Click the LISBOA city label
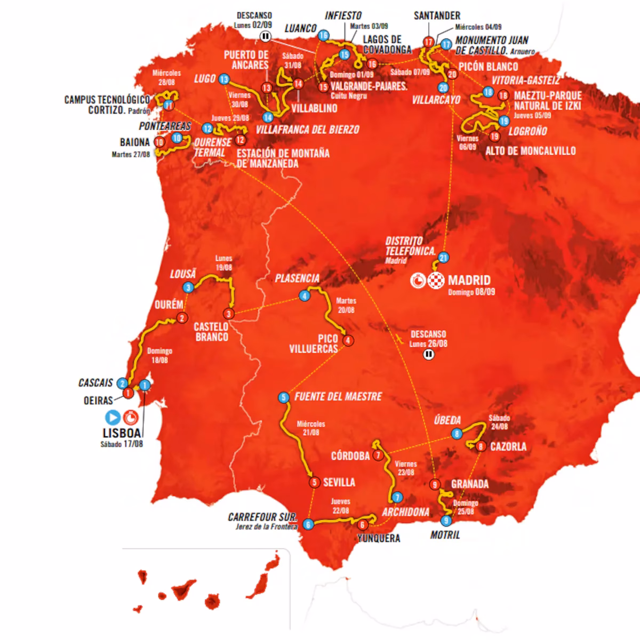122,434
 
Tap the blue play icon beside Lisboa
113,417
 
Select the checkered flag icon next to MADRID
436,280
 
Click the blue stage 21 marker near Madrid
443,258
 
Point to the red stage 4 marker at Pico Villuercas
348,340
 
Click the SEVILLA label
339,482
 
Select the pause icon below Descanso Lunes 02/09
266,36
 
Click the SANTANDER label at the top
437,15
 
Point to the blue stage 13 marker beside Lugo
223,79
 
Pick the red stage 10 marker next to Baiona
159,142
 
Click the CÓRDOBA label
350,455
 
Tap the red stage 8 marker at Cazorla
481,446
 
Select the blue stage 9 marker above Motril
446,521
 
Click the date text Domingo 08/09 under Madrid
471,292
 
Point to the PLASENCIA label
297,278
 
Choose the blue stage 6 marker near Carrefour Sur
308,525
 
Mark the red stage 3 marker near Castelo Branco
229,314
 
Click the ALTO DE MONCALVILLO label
530,151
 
